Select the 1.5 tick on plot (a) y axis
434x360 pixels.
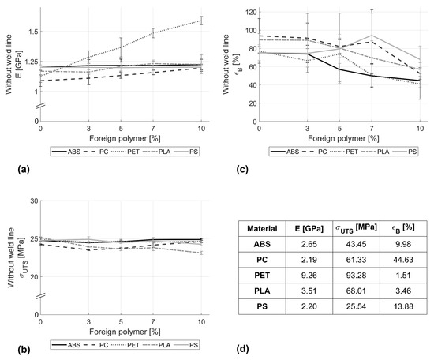pos(30,32)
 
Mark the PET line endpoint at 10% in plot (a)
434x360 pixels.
pos(200,21)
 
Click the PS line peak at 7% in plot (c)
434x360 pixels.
pos(372,36)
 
